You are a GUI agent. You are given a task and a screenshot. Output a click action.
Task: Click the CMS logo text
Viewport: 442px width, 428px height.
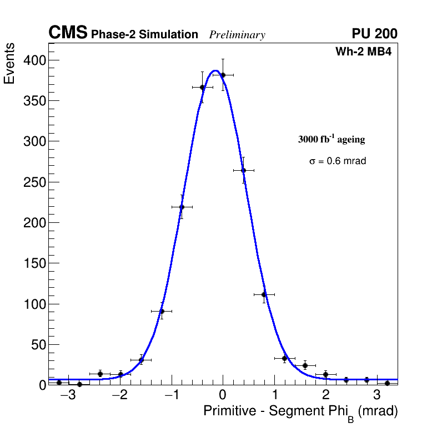[x=68, y=33]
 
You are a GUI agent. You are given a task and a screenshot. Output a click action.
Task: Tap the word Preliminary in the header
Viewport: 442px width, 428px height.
[x=237, y=35]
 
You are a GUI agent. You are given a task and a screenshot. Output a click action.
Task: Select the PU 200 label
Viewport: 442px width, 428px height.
[x=374, y=34]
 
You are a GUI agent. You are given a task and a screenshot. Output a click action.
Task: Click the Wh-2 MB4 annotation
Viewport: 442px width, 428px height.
[x=367, y=52]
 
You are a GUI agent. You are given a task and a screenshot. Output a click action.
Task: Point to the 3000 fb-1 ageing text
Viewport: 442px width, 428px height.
[x=331, y=139]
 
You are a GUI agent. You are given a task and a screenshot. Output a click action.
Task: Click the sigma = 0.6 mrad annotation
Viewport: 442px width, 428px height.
[x=338, y=161]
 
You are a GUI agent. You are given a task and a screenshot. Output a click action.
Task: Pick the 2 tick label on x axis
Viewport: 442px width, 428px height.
[x=325, y=395]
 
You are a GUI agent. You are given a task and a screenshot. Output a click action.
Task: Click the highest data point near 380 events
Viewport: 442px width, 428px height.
[x=223, y=75]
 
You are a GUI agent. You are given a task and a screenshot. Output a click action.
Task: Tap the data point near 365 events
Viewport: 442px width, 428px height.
[x=202, y=87]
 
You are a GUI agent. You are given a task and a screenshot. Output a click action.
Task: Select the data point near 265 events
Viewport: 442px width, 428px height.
[x=243, y=170]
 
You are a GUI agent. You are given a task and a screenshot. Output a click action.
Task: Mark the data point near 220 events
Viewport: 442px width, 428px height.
[x=182, y=207]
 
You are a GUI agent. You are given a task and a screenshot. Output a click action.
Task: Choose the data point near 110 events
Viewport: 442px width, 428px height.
[x=264, y=294]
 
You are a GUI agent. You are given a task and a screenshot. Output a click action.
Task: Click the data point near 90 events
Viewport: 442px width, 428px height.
[x=162, y=311]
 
